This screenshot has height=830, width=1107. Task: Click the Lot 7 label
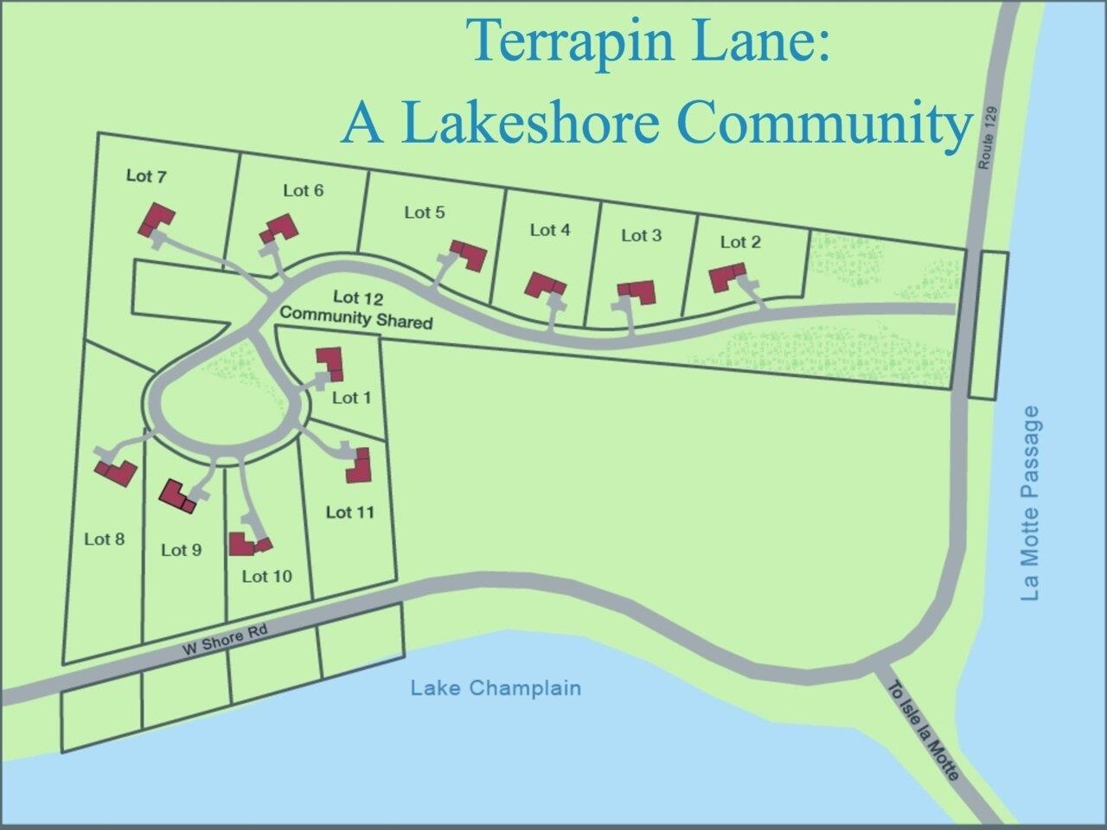tap(146, 176)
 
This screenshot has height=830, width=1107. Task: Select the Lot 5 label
tap(425, 212)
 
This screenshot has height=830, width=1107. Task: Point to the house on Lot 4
tap(547, 285)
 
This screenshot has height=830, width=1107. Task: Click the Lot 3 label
tap(641, 235)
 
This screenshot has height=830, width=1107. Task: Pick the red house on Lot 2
tap(727, 278)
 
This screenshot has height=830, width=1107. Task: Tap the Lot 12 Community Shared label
tap(356, 309)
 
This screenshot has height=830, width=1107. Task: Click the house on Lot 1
tap(330, 362)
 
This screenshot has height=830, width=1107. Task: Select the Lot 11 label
tap(350, 512)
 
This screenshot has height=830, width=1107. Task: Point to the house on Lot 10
tap(248, 544)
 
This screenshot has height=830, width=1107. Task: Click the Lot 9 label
tap(181, 550)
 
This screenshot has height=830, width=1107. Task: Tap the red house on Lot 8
tap(117, 472)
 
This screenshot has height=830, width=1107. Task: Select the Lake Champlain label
tap(496, 688)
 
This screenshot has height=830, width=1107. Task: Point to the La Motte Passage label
tap(1030, 504)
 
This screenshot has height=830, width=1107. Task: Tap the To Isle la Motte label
tap(923, 732)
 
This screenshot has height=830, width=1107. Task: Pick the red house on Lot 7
tap(157, 219)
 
